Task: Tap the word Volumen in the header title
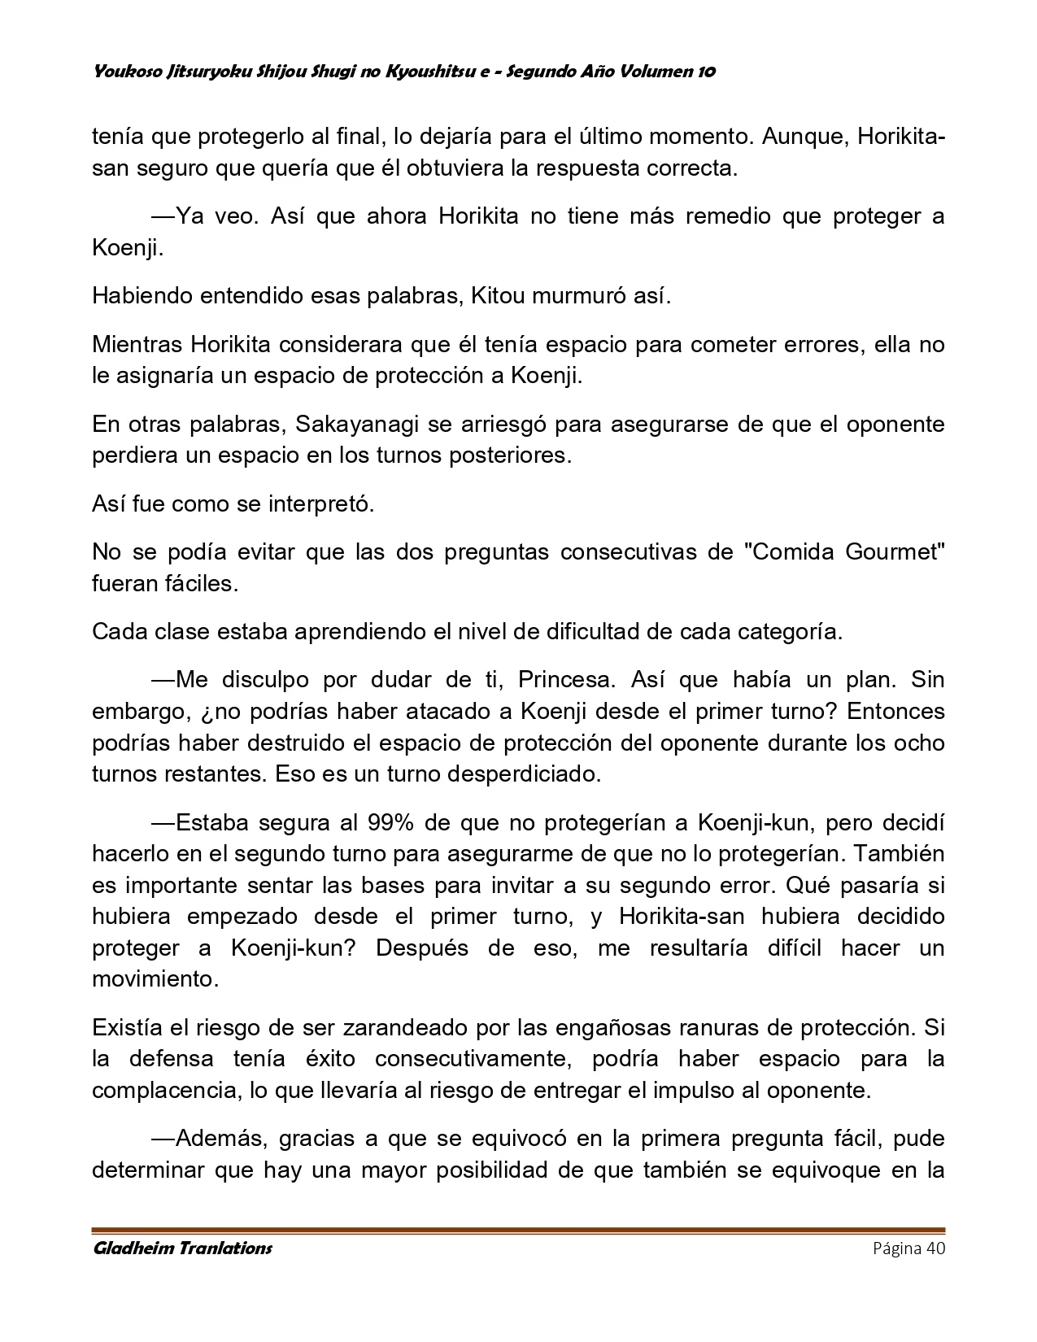pyautogui.click(x=652, y=72)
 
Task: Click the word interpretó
pyautogui.click(x=321, y=503)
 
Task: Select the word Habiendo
pyautogui.click(x=139, y=295)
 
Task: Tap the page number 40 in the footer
pyautogui.click(x=934, y=1248)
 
